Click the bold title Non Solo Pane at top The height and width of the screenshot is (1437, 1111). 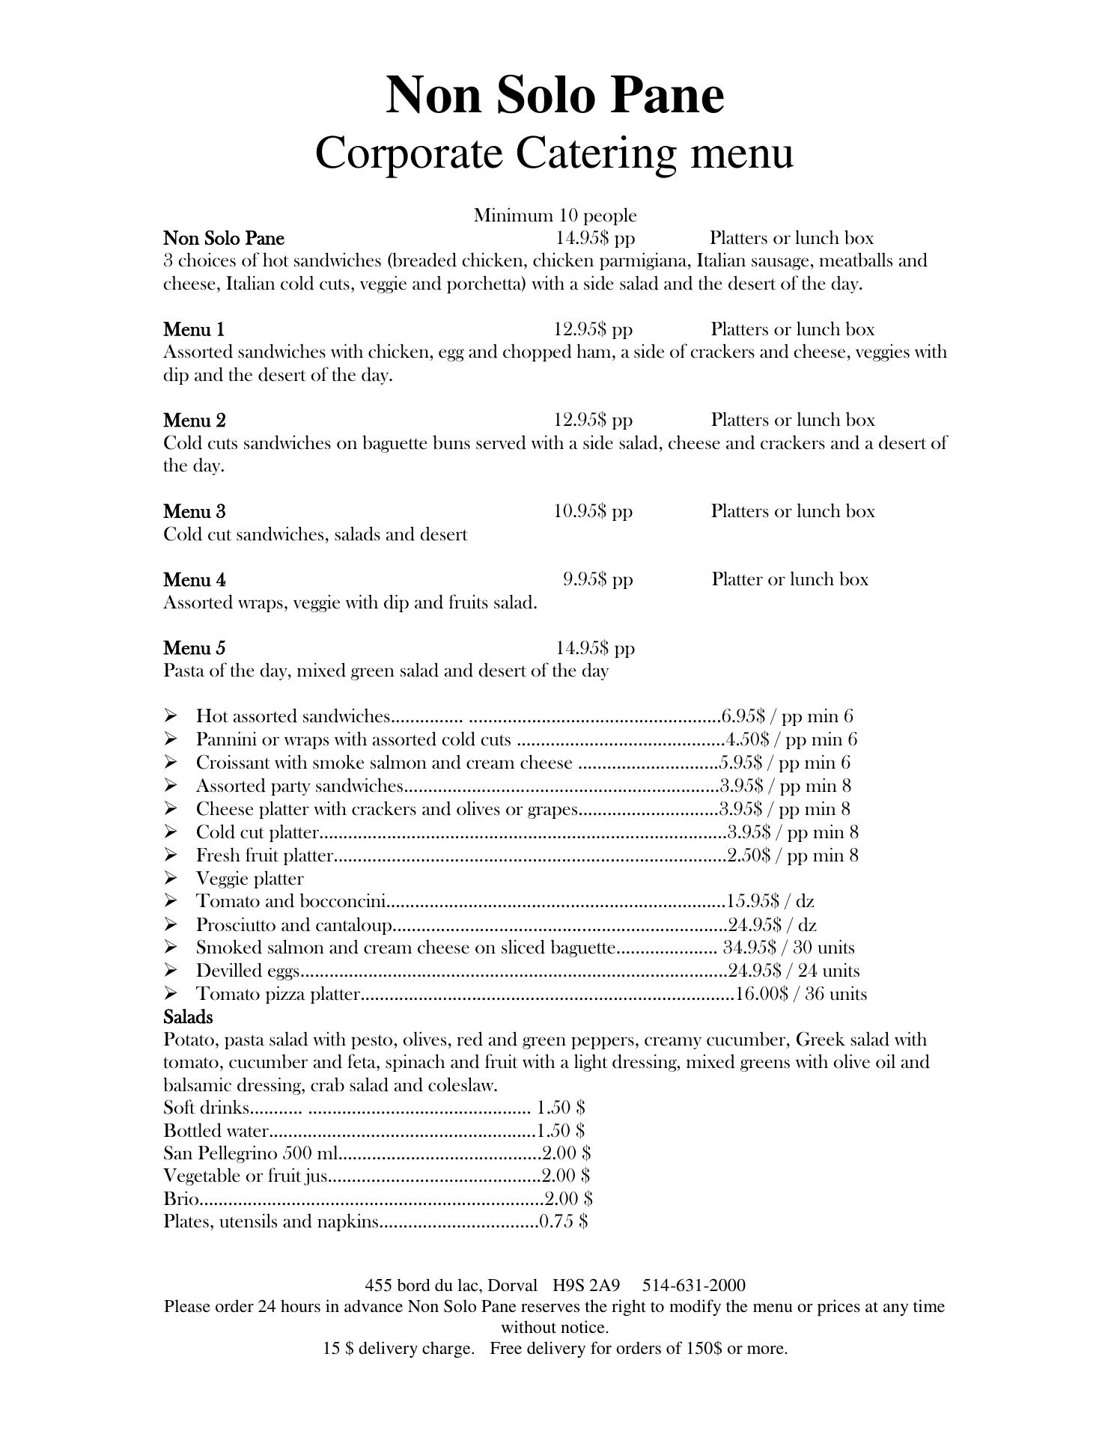(555, 96)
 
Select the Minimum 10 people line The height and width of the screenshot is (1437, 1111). (555, 216)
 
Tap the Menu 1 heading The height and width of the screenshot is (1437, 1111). (194, 329)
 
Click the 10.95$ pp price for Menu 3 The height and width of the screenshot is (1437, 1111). (593, 511)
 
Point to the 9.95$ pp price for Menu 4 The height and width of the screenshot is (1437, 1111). (597, 579)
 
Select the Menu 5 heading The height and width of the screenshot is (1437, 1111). (194, 648)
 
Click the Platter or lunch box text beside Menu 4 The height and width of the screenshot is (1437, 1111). (790, 579)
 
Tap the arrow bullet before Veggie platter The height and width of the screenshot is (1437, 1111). (171, 878)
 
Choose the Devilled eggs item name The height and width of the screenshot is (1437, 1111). (248, 971)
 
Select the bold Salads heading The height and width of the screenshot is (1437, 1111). (188, 1017)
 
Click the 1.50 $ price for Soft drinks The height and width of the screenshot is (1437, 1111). (561, 1107)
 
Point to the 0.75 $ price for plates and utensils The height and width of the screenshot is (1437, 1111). (563, 1221)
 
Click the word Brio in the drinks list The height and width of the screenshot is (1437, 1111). (181, 1199)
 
